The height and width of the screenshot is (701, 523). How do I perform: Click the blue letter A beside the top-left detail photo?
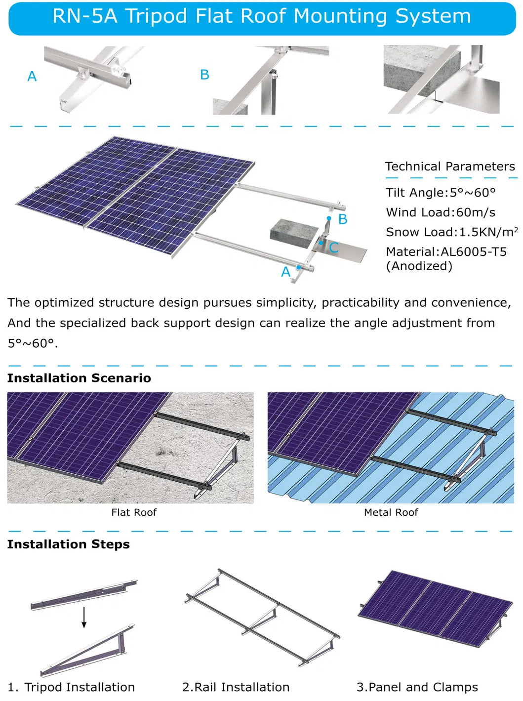point(32,77)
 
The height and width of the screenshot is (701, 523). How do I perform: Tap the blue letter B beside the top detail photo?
point(204,75)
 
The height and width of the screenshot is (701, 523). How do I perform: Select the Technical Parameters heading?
point(449,166)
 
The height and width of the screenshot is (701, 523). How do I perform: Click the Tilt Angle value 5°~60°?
point(472,193)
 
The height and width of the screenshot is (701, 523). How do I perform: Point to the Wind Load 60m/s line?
point(441,212)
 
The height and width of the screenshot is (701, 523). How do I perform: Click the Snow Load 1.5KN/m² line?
point(451,232)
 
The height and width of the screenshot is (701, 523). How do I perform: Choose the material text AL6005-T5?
point(473,252)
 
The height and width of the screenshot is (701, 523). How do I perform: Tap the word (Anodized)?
point(419,266)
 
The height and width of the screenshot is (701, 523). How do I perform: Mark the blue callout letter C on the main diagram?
point(334,247)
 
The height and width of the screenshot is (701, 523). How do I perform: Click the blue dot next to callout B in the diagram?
point(329,218)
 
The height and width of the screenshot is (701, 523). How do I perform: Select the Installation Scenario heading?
point(79,378)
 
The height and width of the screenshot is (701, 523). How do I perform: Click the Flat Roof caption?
point(134,512)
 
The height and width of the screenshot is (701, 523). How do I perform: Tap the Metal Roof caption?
point(391,512)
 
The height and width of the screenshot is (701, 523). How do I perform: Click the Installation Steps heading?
point(68,544)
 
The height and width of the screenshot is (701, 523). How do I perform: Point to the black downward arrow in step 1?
point(84,618)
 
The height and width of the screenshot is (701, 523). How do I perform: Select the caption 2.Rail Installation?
point(236,687)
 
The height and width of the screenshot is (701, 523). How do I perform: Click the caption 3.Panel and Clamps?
point(417,687)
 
